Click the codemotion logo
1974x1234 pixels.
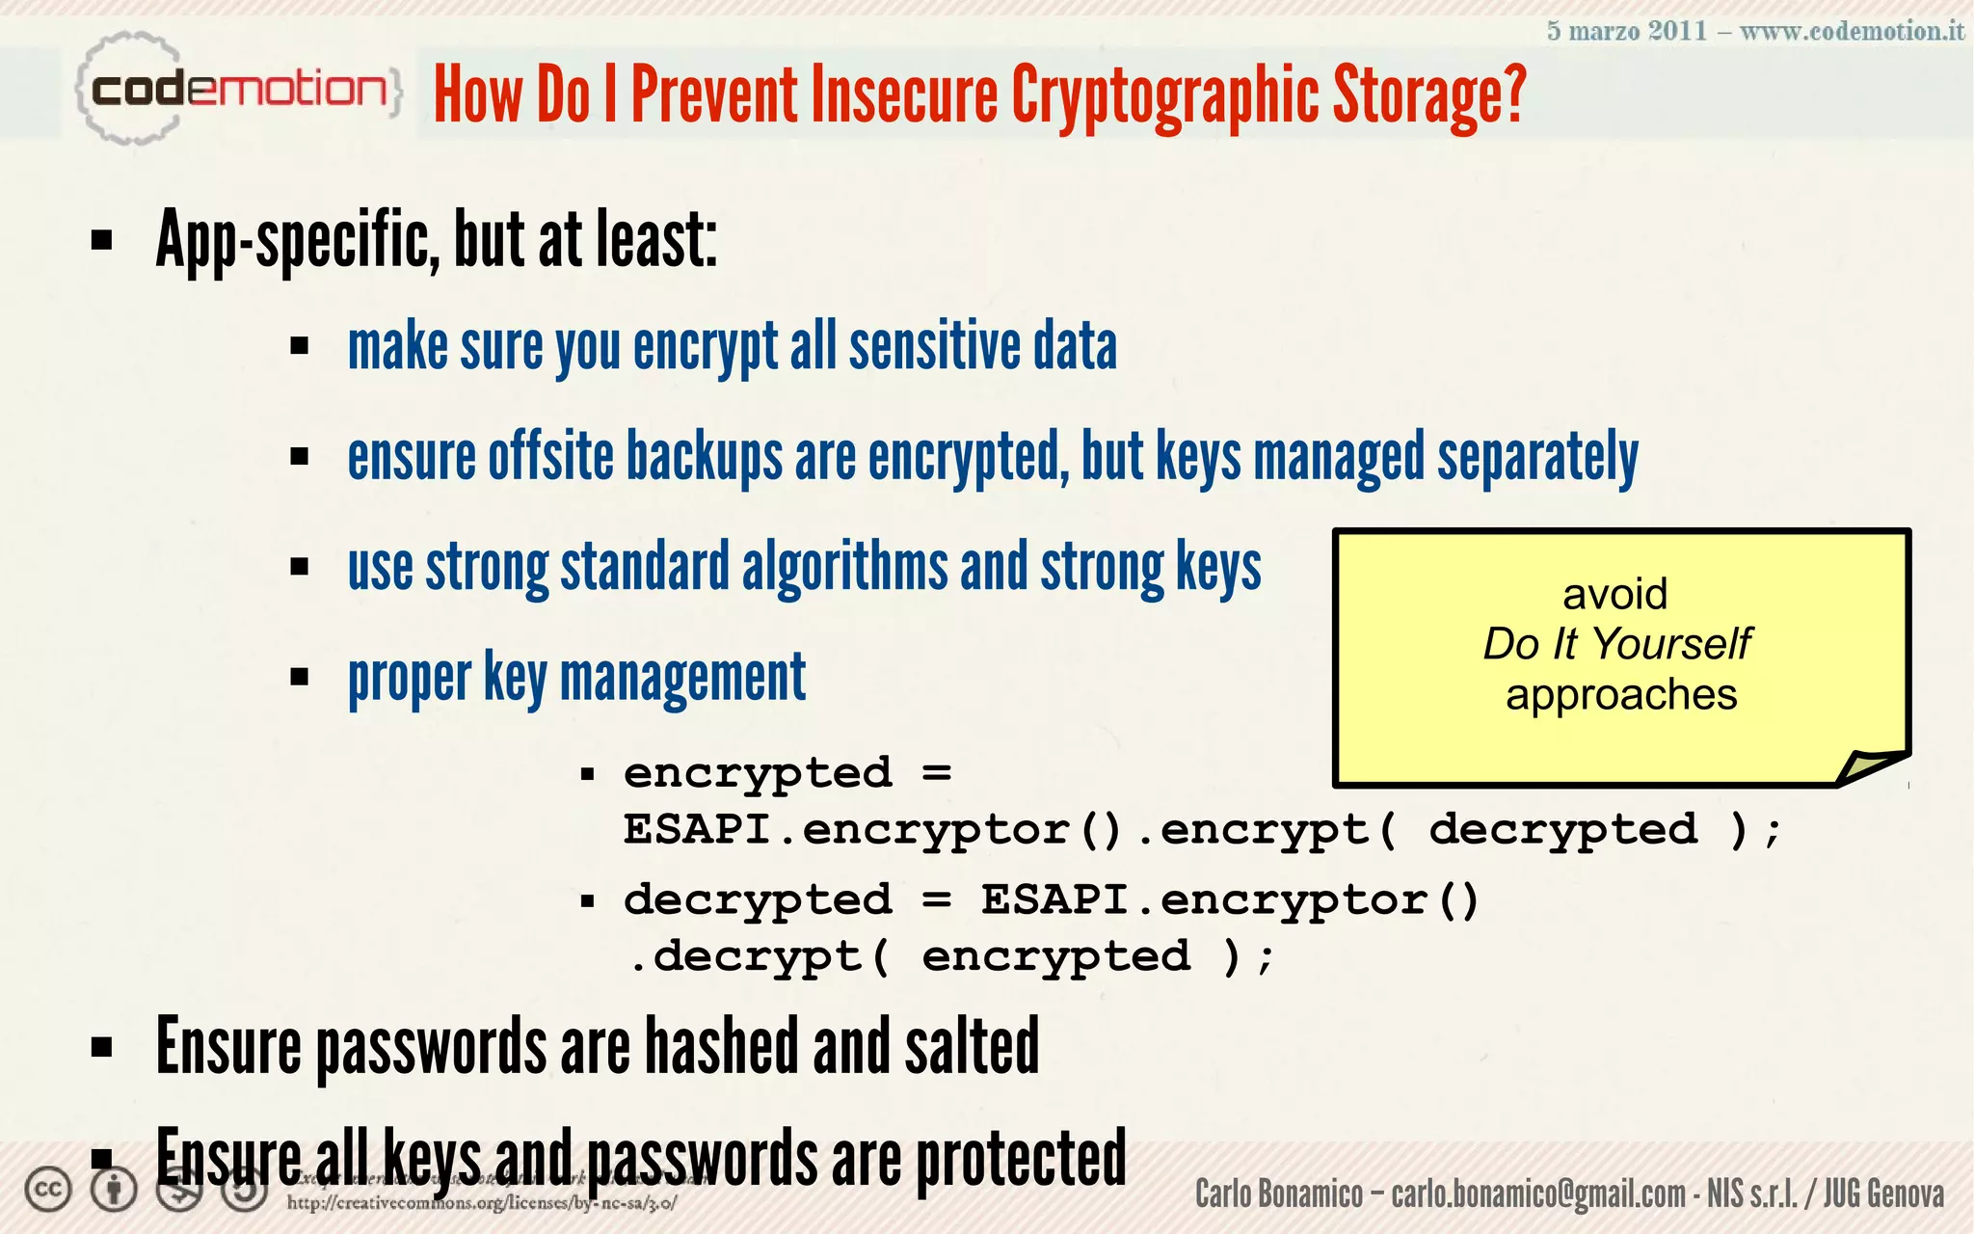(x=236, y=90)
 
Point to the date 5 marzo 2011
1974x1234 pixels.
(x=1626, y=31)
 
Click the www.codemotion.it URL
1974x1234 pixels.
(x=1852, y=31)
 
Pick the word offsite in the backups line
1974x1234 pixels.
(x=550, y=456)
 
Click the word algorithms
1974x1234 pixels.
(x=844, y=567)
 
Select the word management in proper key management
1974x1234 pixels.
(x=682, y=678)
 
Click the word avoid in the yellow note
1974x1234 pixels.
(x=1614, y=594)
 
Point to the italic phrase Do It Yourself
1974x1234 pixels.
(x=1616, y=643)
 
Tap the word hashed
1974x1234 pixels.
(x=721, y=1047)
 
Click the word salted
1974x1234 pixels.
(x=972, y=1047)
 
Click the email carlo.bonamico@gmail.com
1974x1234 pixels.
(x=1538, y=1194)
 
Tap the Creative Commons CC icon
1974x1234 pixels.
(x=48, y=1190)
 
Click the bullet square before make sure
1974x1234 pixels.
(x=299, y=346)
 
